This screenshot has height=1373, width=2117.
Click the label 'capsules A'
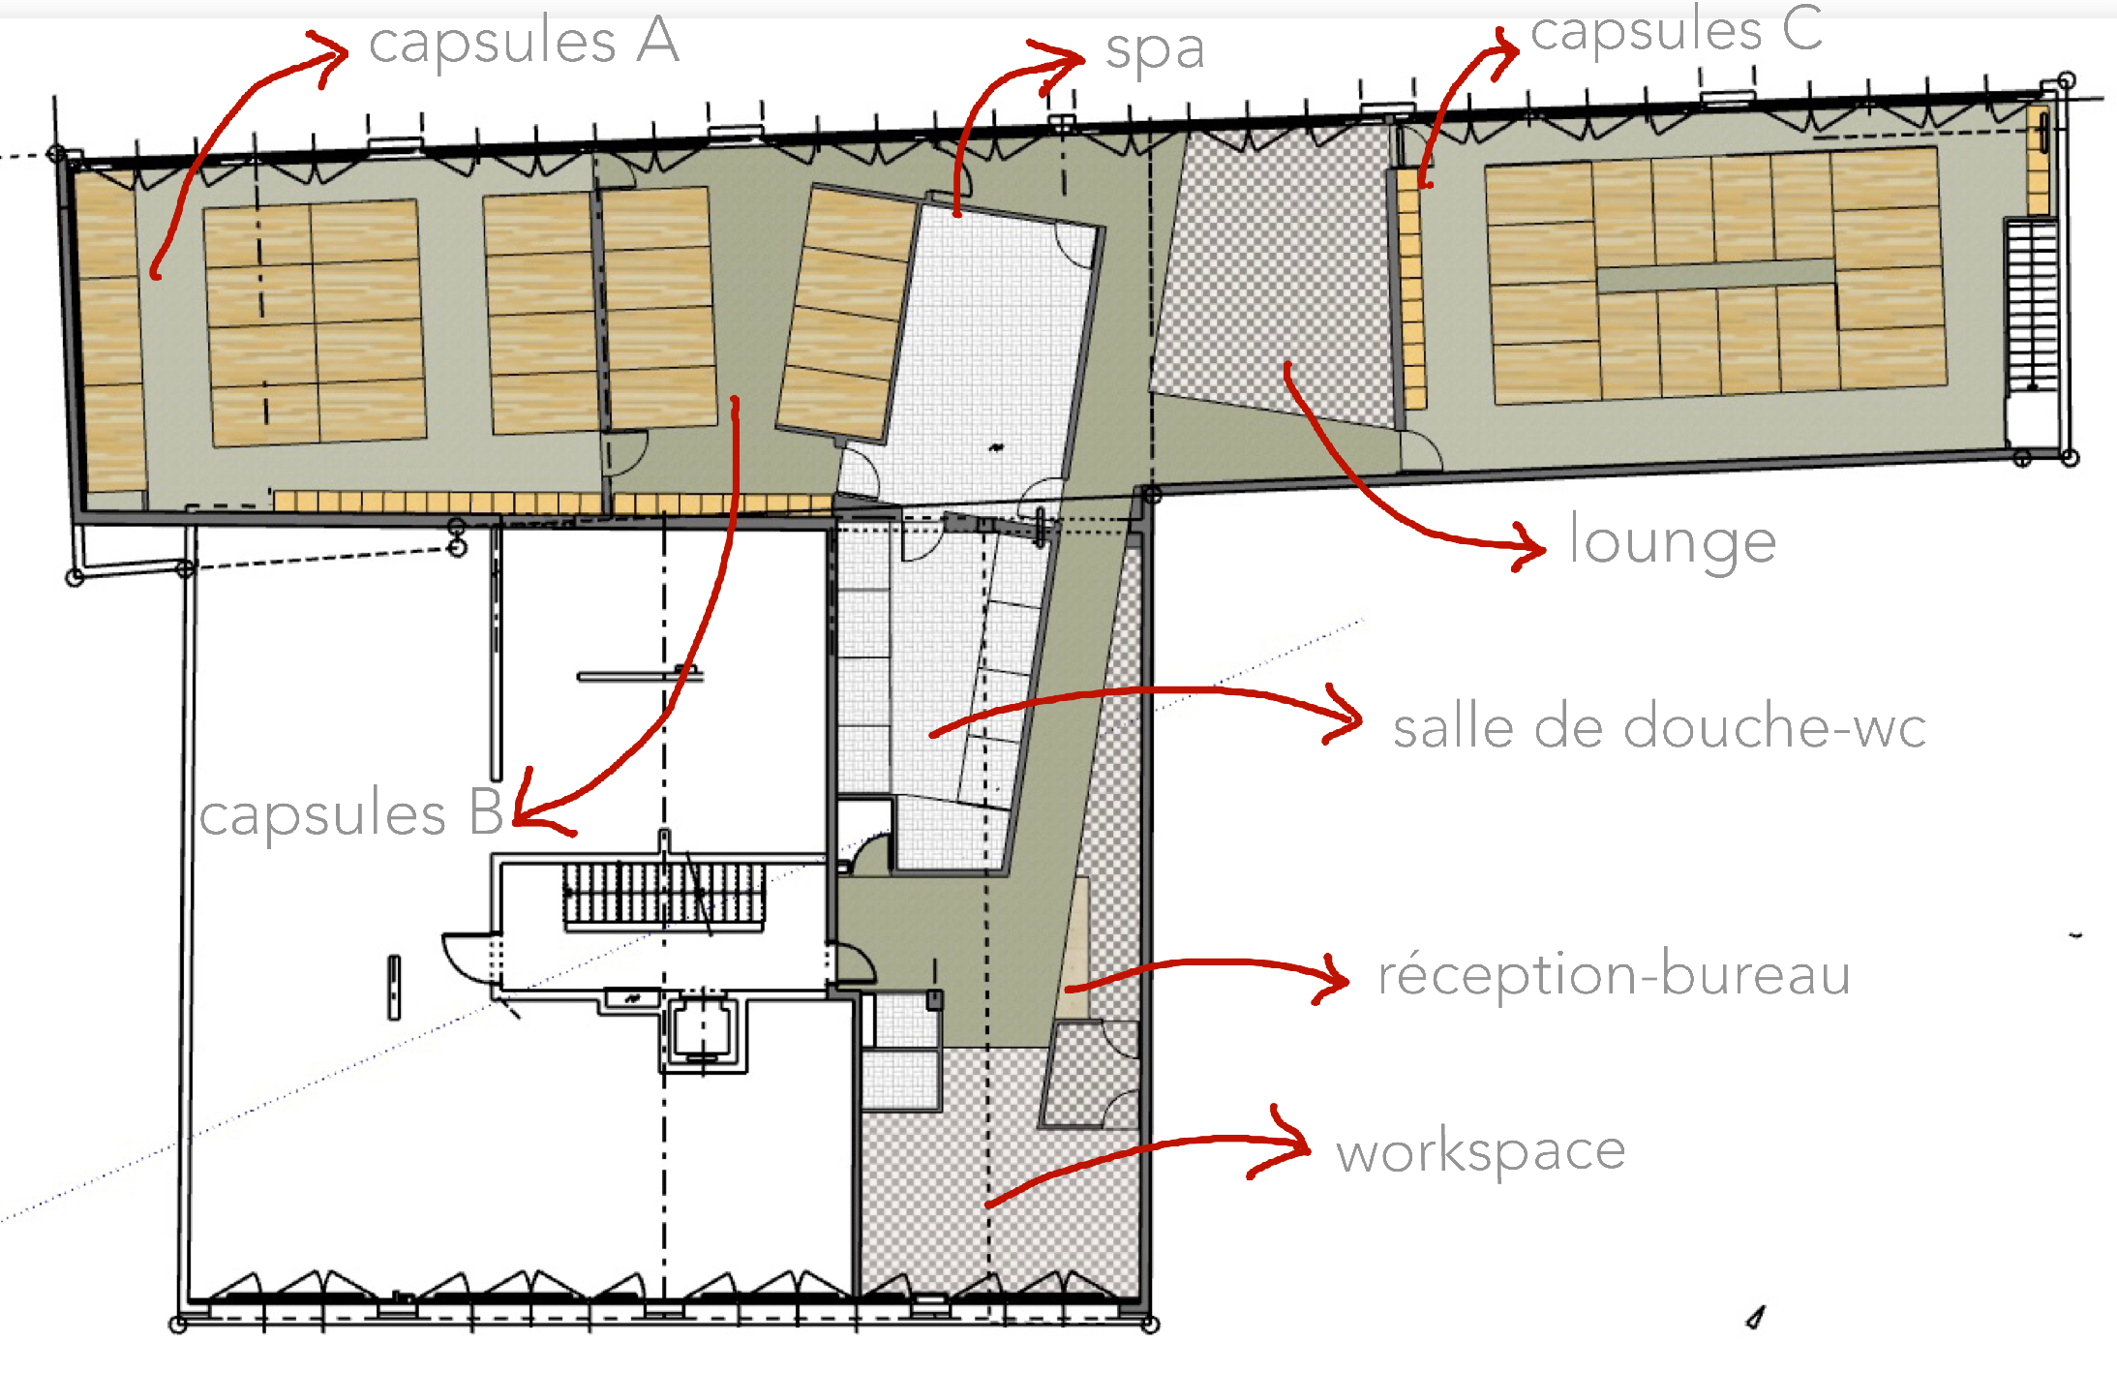pyautogui.click(x=524, y=44)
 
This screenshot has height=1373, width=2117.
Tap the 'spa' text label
pyautogui.click(x=1155, y=51)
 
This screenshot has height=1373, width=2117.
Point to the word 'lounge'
pyautogui.click(x=1673, y=543)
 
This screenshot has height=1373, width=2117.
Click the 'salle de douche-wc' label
pyautogui.click(x=1659, y=727)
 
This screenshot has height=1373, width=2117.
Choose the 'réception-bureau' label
pyautogui.click(x=1614, y=974)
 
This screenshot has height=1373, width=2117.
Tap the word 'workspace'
pyautogui.click(x=1481, y=1152)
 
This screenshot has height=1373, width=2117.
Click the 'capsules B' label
pyautogui.click(x=350, y=813)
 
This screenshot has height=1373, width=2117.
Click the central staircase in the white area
pyautogui.click(x=664, y=894)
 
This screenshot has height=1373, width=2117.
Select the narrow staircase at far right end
pyautogui.click(x=2031, y=304)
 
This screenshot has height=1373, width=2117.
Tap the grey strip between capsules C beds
pyautogui.click(x=1715, y=275)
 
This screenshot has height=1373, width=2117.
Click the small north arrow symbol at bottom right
pyautogui.click(x=1756, y=1318)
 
